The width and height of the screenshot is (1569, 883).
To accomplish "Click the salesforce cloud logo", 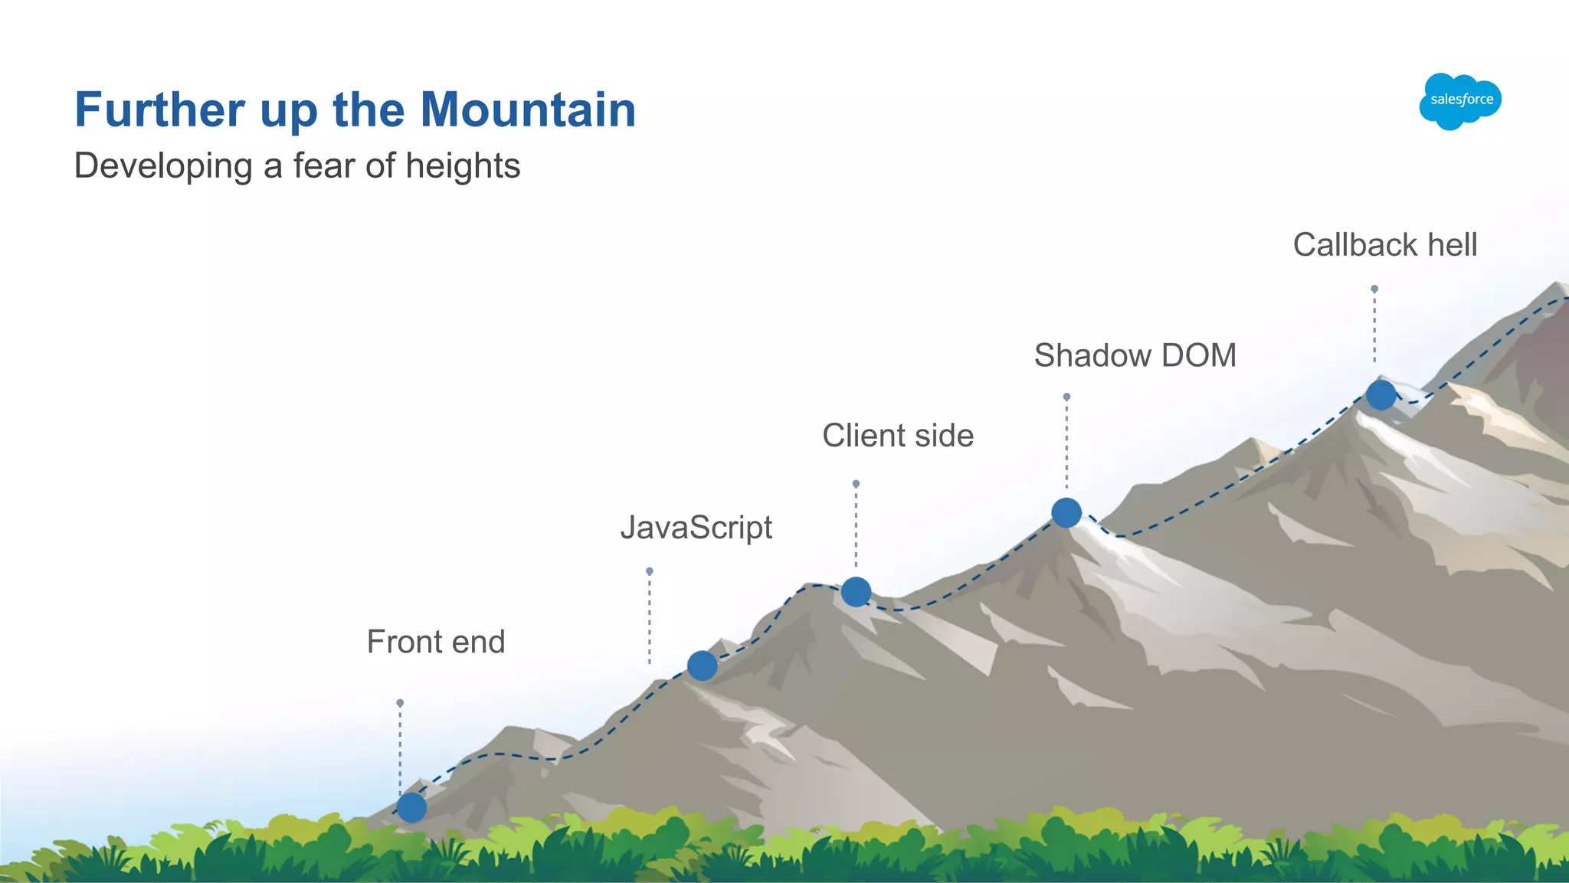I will pyautogui.click(x=1460, y=100).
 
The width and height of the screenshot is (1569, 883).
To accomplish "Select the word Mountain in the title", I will pyautogui.click(x=528, y=110).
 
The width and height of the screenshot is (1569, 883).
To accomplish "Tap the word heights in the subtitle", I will pyautogui.click(x=463, y=166).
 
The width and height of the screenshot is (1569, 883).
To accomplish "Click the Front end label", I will pyautogui.click(x=436, y=642).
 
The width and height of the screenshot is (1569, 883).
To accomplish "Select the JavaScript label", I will pyautogui.click(x=696, y=528).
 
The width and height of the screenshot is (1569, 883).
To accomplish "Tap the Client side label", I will pyautogui.click(x=898, y=436).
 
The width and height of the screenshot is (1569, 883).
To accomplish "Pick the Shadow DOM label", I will pyautogui.click(x=1135, y=355).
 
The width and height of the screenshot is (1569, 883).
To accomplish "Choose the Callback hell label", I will pyautogui.click(x=1385, y=245).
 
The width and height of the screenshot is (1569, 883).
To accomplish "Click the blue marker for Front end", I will pyautogui.click(x=411, y=807).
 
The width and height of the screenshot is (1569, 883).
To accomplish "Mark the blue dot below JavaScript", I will pyautogui.click(x=702, y=666).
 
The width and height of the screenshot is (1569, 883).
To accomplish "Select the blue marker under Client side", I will pyautogui.click(x=856, y=591).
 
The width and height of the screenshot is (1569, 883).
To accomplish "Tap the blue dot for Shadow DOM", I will pyautogui.click(x=1066, y=512).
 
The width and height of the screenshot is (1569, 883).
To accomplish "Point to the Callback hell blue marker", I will pyautogui.click(x=1381, y=395).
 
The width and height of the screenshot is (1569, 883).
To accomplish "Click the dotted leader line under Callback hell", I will pyautogui.click(x=1374, y=325).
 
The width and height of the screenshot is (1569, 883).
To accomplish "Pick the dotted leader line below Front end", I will pyautogui.click(x=400, y=747).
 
